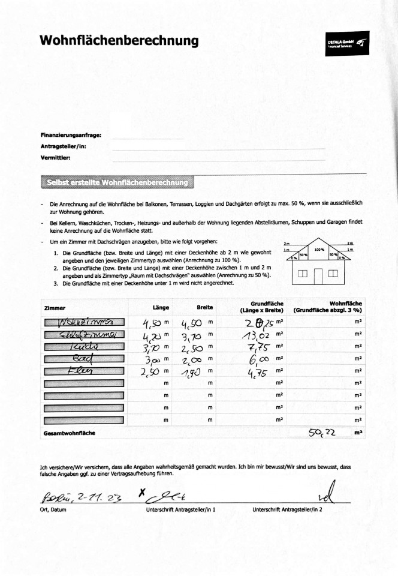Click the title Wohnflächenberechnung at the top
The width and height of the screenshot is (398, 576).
point(119,41)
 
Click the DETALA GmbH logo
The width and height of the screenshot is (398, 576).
point(348,43)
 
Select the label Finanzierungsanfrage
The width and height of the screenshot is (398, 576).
point(71,135)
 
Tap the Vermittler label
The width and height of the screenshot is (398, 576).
point(56,158)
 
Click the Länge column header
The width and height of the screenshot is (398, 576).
point(161,307)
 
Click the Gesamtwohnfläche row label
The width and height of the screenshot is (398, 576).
point(70,432)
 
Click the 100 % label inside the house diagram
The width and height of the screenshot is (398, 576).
point(318,249)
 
